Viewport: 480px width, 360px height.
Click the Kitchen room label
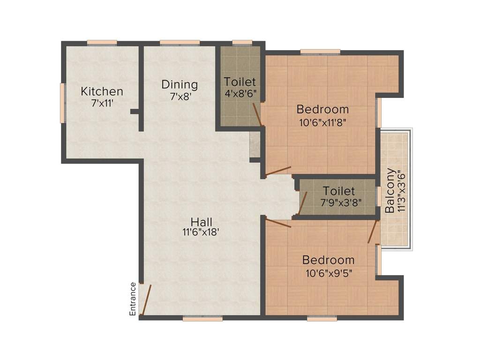click(x=102, y=91)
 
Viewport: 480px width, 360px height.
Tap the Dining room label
click(x=180, y=85)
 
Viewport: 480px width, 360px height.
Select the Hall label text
click(x=202, y=221)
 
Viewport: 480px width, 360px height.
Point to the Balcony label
click(x=390, y=191)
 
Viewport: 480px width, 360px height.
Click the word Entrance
click(x=133, y=299)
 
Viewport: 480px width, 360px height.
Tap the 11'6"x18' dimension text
click(x=202, y=232)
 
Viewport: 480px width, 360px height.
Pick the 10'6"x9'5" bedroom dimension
click(x=328, y=271)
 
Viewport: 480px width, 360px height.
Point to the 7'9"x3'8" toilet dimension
click(x=338, y=203)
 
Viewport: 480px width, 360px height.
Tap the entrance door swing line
click(x=147, y=299)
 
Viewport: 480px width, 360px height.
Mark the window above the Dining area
click(x=180, y=43)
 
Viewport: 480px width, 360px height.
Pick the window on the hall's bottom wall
click(x=202, y=318)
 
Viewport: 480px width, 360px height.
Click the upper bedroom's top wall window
click(x=320, y=52)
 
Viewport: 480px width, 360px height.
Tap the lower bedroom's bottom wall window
click(x=322, y=318)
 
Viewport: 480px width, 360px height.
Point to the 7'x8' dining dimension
click(x=180, y=96)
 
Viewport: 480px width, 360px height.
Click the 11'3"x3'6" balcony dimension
click(x=401, y=191)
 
